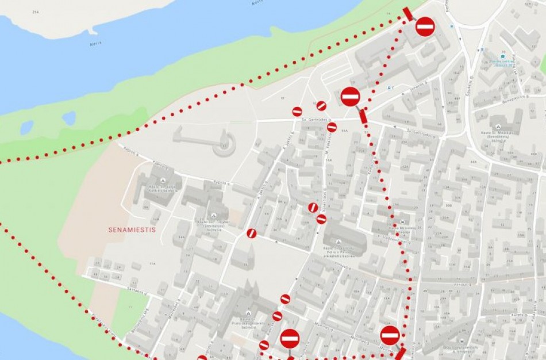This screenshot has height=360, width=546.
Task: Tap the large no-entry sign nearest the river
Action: tap(425, 26)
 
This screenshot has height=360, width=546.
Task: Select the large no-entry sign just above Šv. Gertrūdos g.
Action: tap(350, 96)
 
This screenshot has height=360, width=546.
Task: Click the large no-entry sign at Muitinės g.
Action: tap(390, 335)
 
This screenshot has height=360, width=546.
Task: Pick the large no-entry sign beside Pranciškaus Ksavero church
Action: tap(290, 338)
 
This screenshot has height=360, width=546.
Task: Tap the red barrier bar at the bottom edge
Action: tap(401, 353)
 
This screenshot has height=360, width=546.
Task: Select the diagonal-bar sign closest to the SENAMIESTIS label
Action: tap(251, 233)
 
